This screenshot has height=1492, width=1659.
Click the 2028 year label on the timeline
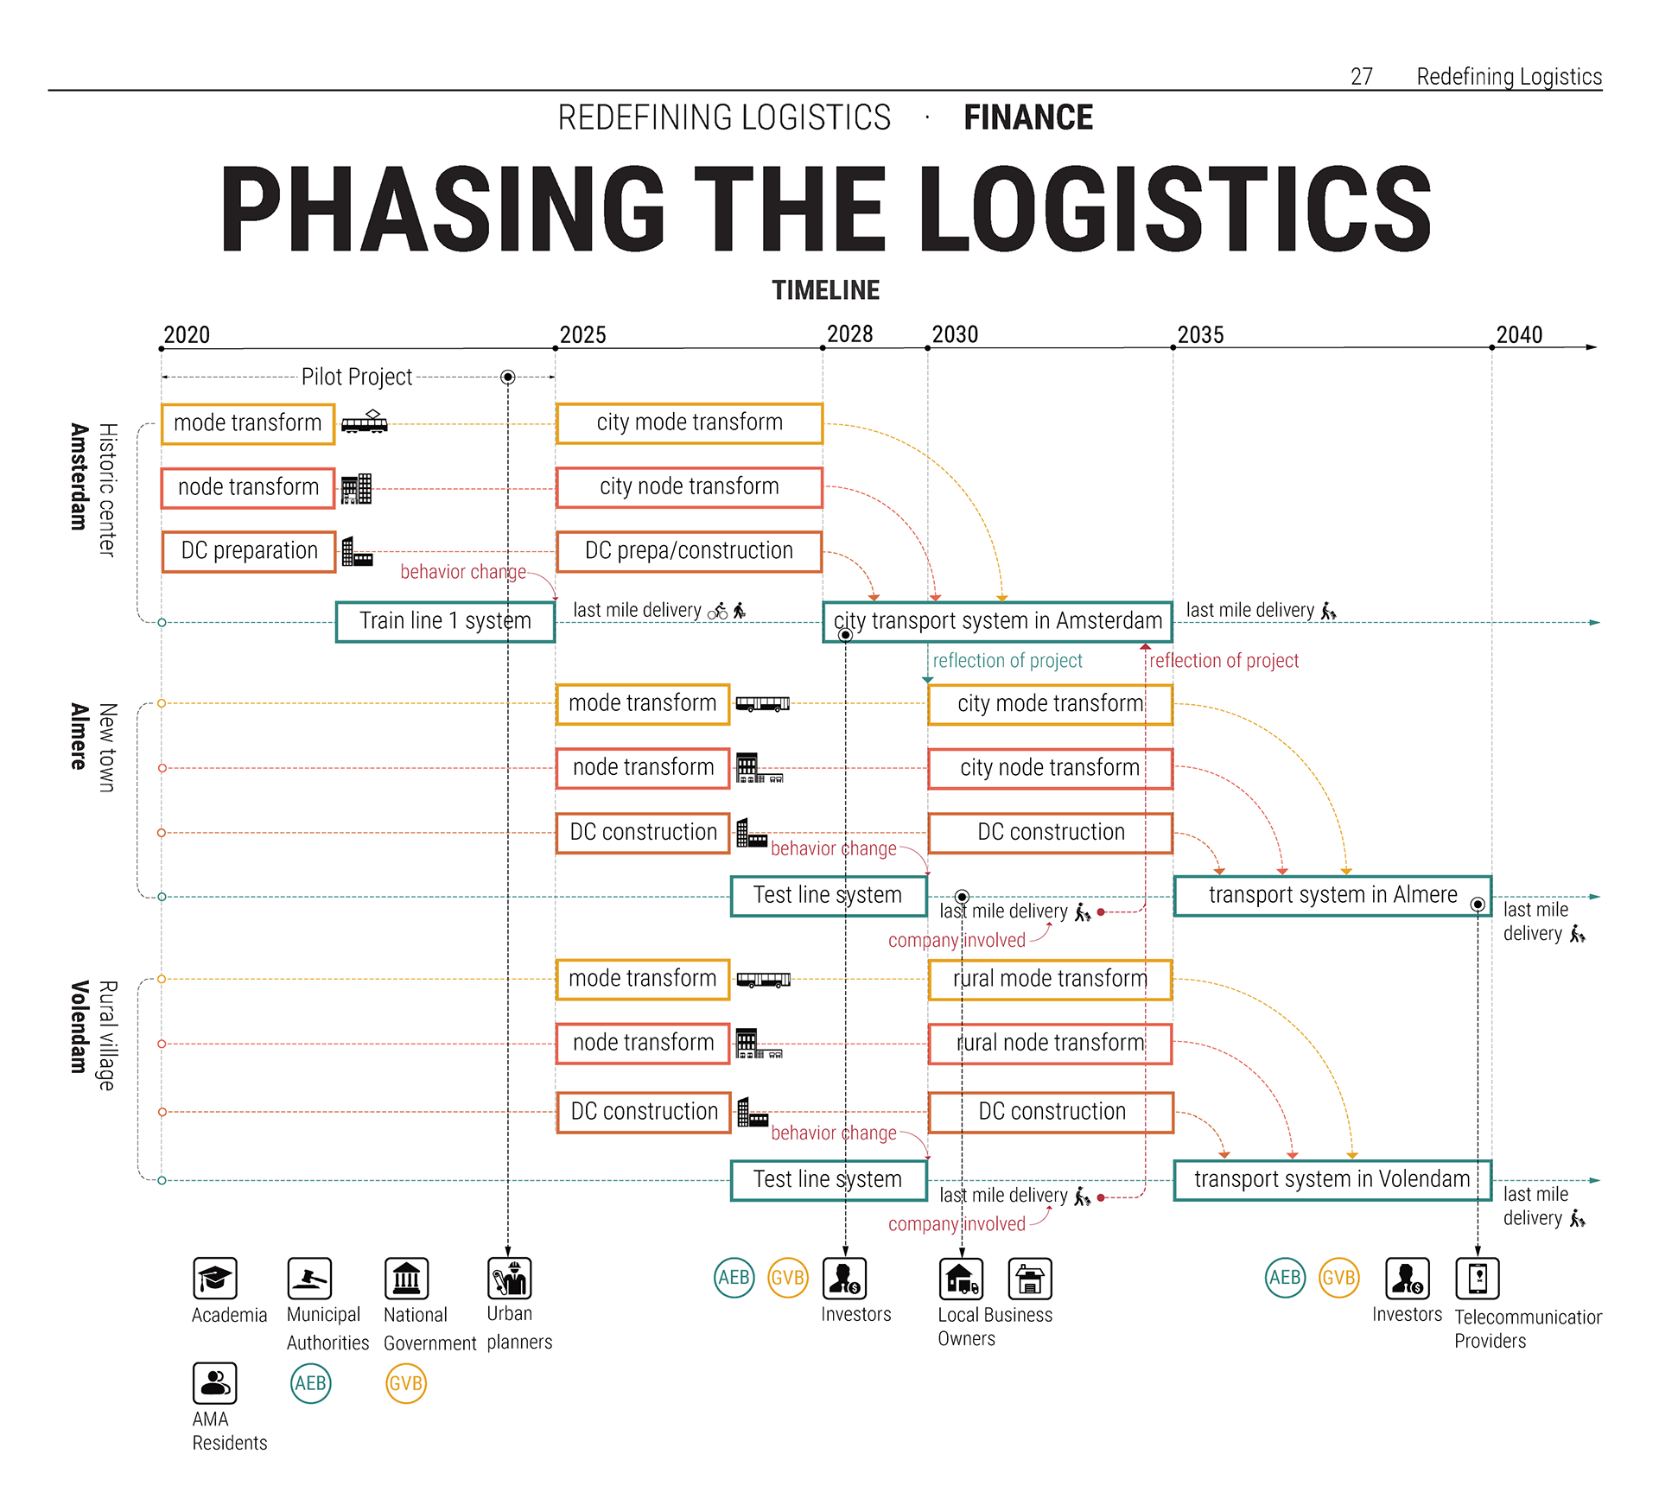(849, 334)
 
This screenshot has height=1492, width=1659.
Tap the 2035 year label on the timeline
(1200, 335)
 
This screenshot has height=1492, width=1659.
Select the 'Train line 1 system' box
(445, 621)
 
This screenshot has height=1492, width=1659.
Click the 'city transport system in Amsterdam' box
(997, 621)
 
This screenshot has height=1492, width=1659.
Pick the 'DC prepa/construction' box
(689, 551)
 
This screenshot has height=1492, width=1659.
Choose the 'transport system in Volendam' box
(1332, 1179)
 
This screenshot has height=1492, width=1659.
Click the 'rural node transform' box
(1050, 1043)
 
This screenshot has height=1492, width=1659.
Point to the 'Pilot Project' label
(356, 377)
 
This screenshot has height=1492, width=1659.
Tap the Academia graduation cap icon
(215, 1278)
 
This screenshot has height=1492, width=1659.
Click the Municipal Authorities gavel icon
(309, 1278)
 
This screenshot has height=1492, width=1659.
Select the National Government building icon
(406, 1278)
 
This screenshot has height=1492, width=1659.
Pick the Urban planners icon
(509, 1278)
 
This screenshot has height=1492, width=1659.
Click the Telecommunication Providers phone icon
(1477, 1278)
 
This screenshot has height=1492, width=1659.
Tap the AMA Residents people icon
(214, 1383)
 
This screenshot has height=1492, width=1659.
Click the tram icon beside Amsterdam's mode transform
(364, 422)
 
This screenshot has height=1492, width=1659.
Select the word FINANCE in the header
(1028, 117)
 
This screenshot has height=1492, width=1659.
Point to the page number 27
(1362, 77)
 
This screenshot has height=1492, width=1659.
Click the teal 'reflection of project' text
(1007, 661)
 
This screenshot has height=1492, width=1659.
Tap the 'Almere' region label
(79, 736)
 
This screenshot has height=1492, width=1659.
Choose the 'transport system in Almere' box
(1332, 895)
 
